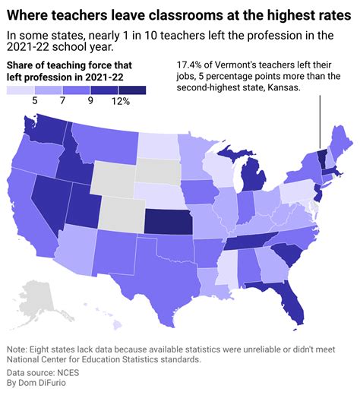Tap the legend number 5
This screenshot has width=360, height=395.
(35, 102)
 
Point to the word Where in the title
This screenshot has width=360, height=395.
(34, 14)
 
